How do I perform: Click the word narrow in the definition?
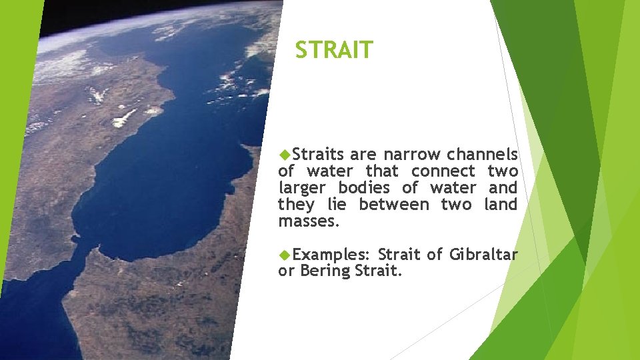click(411, 155)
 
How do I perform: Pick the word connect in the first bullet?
click(439, 171)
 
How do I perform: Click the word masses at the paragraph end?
click(309, 221)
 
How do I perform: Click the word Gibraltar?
click(483, 255)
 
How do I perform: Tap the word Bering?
click(325, 271)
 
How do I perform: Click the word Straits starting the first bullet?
click(319, 155)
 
